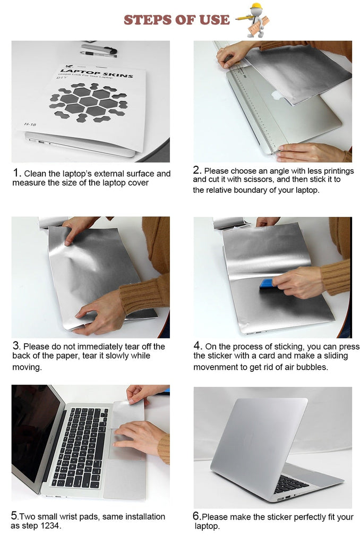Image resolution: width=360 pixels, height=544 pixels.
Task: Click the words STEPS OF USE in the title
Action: [x=176, y=20]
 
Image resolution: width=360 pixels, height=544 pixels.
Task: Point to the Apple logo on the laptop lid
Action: [x=277, y=95]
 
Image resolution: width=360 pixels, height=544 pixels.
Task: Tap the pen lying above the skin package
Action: [x=99, y=54]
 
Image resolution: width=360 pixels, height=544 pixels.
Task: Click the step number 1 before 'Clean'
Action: [x=16, y=173]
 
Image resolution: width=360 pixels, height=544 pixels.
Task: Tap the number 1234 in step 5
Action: [x=50, y=525]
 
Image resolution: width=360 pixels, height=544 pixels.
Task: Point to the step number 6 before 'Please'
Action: [x=196, y=516]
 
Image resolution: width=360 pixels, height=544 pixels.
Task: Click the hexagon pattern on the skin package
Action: [x=89, y=102]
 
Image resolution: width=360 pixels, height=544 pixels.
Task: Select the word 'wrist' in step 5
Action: [x=69, y=516]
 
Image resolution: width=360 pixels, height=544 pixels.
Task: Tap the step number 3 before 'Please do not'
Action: [x=16, y=345]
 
